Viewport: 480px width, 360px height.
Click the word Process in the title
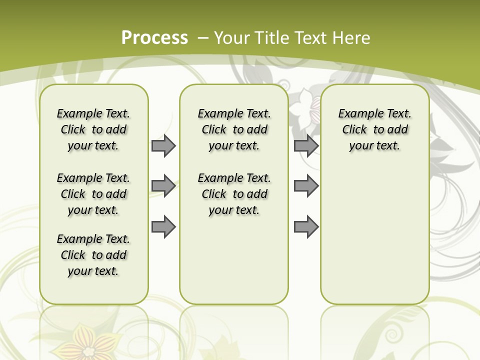pyautogui.click(x=154, y=38)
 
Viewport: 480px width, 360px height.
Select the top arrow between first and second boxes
pyautogui.click(x=163, y=146)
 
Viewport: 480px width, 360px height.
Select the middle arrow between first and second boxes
pyautogui.click(x=163, y=186)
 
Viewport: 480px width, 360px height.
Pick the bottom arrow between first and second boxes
pyautogui.click(x=163, y=226)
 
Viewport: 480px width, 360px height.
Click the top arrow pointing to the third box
pyautogui.click(x=306, y=146)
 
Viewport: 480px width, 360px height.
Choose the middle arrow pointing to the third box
pyautogui.click(x=306, y=186)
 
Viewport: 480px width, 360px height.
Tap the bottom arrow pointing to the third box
pyautogui.click(x=306, y=226)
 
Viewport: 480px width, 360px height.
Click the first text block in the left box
pyautogui.click(x=93, y=129)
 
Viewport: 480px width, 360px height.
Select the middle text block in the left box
pyautogui.click(x=93, y=194)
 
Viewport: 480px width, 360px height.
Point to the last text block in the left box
pyautogui.click(x=93, y=255)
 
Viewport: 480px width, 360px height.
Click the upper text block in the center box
pyautogui.click(x=234, y=129)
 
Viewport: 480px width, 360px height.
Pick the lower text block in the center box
pyautogui.click(x=234, y=194)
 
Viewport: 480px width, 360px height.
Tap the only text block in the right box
pyautogui.click(x=374, y=129)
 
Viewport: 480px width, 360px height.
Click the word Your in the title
pyautogui.click(x=231, y=38)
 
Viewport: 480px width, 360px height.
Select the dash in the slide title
pyautogui.click(x=203, y=38)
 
